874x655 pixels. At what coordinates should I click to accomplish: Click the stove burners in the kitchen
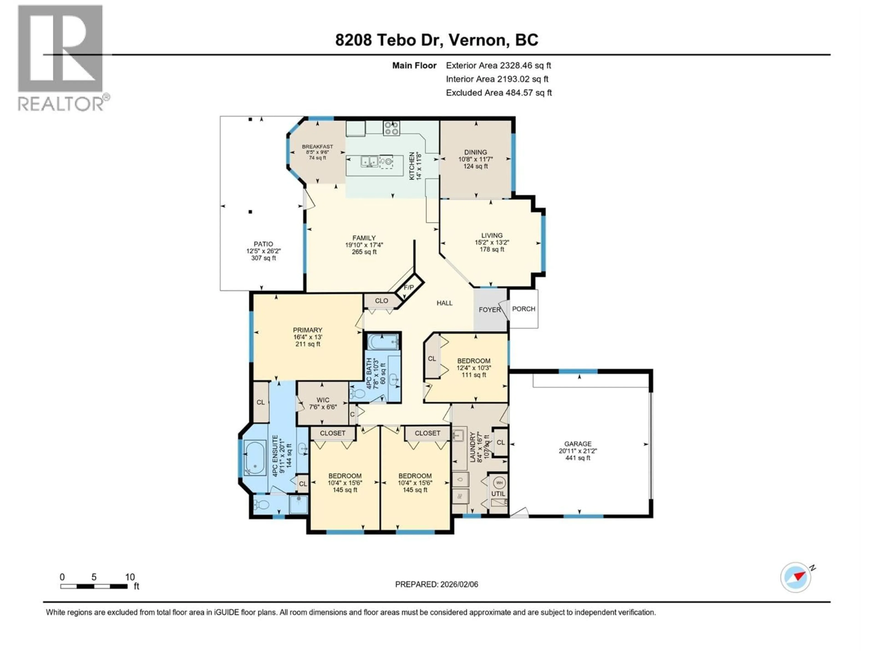click(391, 128)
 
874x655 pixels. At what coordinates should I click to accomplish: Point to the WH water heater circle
click(499, 482)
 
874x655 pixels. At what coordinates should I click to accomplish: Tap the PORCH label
click(523, 309)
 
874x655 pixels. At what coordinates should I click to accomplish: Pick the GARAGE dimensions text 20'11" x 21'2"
click(578, 451)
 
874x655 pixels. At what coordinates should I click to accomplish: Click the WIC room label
click(323, 400)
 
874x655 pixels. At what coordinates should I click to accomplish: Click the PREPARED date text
click(437, 584)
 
